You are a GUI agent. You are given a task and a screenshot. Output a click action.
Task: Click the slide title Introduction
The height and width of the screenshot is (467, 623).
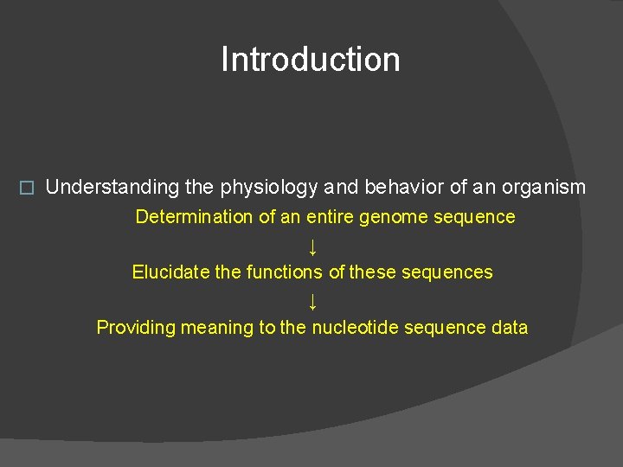pos(311,60)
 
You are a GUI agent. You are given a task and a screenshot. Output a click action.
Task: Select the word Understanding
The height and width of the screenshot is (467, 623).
pos(112,187)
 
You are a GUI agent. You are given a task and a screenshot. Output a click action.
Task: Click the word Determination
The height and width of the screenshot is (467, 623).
pos(195,217)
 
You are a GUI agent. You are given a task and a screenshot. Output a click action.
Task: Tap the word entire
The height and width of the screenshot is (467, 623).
pos(329,217)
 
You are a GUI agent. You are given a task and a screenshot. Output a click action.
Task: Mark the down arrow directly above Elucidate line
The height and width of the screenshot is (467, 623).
pos(312,246)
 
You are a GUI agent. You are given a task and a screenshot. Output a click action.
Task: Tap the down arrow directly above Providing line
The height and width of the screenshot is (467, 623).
pos(312,301)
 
